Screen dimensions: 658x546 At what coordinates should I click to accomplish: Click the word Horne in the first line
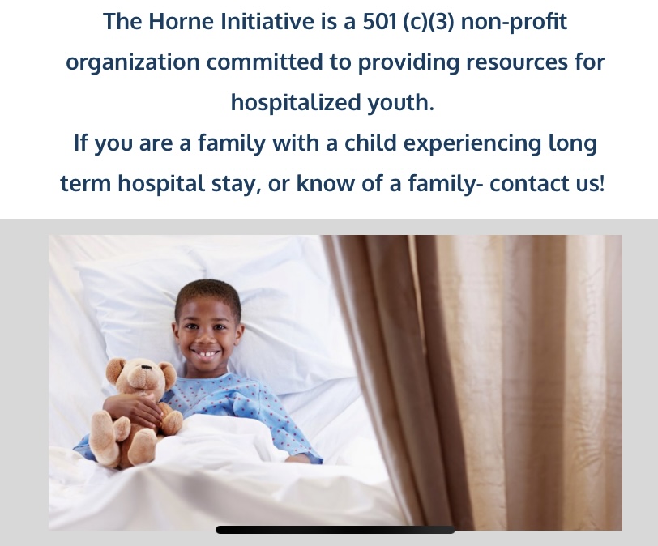point(181,21)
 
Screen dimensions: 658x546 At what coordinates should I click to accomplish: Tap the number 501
point(380,21)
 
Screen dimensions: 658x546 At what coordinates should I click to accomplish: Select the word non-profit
point(514,22)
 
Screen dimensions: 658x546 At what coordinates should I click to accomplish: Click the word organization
point(133,63)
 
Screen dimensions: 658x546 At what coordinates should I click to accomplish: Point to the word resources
point(517,62)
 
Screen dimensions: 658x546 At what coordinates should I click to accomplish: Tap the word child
point(370,143)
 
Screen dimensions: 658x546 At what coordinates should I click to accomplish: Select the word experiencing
point(472,144)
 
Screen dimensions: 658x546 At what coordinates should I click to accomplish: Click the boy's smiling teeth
point(206,354)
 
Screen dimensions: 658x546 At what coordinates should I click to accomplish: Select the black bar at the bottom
point(335,530)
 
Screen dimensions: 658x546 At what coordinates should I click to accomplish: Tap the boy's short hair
point(208,293)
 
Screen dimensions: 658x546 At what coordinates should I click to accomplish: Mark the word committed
point(264,62)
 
